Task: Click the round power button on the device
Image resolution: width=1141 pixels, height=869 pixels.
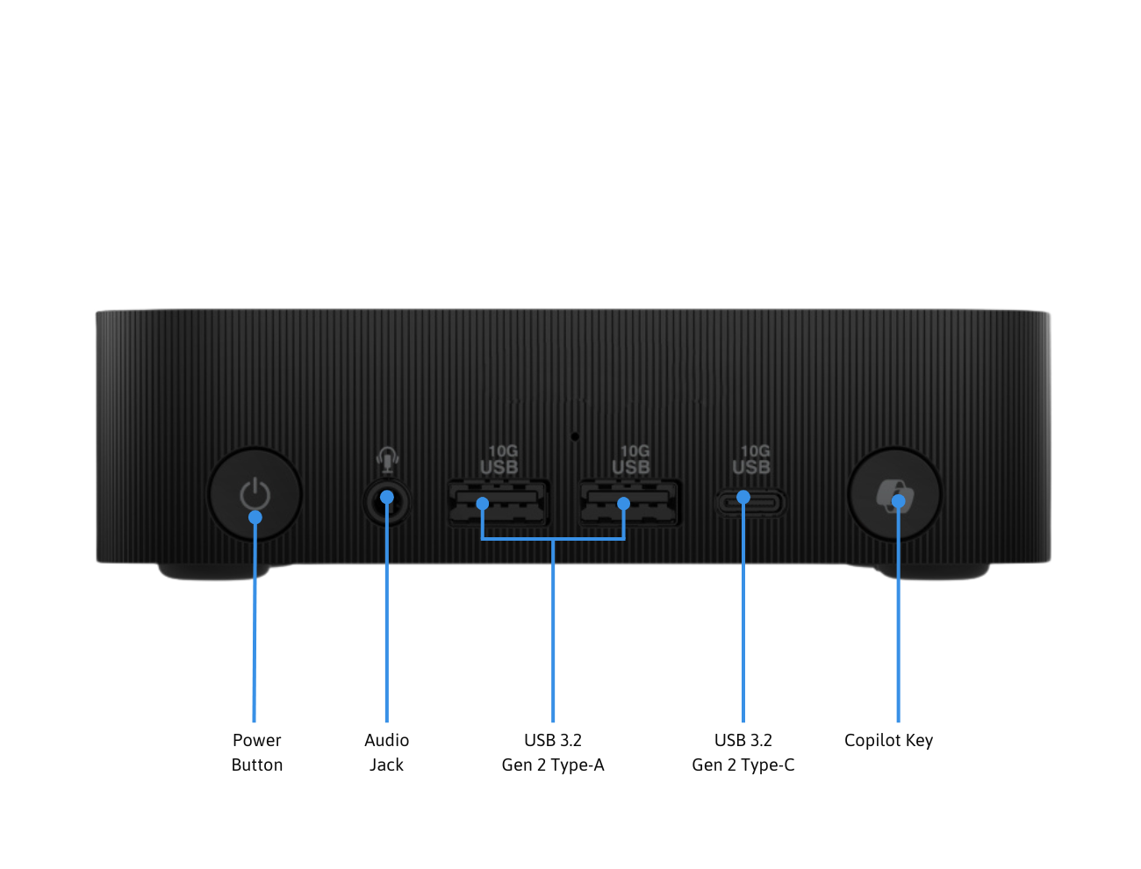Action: click(255, 495)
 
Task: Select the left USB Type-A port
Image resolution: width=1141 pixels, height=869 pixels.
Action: click(499, 503)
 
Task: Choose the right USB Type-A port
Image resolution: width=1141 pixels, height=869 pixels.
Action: click(629, 503)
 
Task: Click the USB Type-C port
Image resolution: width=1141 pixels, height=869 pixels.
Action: click(750, 503)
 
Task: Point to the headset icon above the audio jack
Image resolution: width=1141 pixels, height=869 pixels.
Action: click(387, 459)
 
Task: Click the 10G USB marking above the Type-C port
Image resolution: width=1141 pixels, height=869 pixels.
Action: click(751, 460)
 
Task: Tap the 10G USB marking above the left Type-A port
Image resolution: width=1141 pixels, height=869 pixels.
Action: click(499, 460)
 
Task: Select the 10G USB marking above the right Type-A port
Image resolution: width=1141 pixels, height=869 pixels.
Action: click(631, 460)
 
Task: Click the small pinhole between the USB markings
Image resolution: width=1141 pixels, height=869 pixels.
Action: click(575, 435)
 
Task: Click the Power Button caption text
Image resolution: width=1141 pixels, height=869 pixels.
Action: click(257, 752)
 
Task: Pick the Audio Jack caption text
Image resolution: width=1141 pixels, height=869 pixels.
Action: click(386, 752)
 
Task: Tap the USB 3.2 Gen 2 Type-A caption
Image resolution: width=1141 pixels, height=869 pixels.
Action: click(553, 752)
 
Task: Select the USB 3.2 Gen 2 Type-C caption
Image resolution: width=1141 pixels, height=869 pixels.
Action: click(743, 752)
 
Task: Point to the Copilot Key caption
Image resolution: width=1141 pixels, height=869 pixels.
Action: click(888, 740)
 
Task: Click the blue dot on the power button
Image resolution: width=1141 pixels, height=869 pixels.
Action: click(255, 517)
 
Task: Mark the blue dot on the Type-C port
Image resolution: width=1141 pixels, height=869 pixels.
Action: click(743, 497)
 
